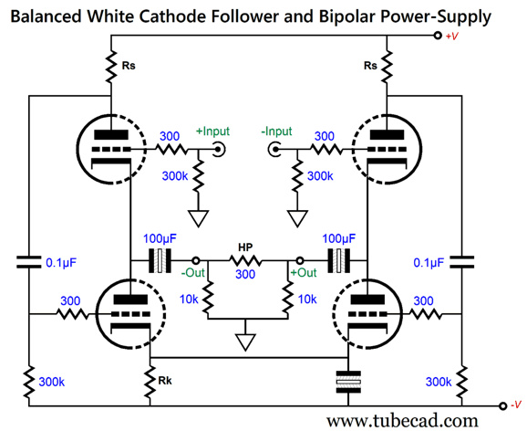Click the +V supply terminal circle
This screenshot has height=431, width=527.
pyautogui.click(x=438, y=36)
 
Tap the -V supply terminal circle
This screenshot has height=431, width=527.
pyautogui.click(x=502, y=405)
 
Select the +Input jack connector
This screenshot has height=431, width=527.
pyautogui.click(x=219, y=149)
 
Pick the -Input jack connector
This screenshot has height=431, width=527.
pyautogui.click(x=274, y=149)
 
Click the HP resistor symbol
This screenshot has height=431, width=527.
pyautogui.click(x=245, y=260)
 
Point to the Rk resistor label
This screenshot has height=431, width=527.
pyautogui.click(x=165, y=381)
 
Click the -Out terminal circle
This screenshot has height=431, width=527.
pyautogui.click(x=196, y=260)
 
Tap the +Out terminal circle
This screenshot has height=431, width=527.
pyautogui.click(x=300, y=260)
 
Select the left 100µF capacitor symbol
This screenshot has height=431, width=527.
pyautogui.click(x=160, y=260)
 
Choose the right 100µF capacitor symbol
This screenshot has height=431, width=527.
pyautogui.click(x=339, y=260)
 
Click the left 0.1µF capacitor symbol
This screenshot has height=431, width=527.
pyautogui.click(x=29, y=262)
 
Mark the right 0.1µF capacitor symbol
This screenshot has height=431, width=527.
pyautogui.click(x=461, y=262)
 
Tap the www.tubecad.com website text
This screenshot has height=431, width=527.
pyautogui.click(x=402, y=421)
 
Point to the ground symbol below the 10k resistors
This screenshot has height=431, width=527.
pyautogui.click(x=245, y=342)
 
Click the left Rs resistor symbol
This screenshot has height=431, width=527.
pyautogui.click(x=111, y=67)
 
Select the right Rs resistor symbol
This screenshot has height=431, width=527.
pyautogui.click(x=387, y=67)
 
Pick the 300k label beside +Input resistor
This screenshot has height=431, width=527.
pyautogui.click(x=175, y=175)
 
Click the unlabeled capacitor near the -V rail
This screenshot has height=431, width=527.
pyautogui.click(x=348, y=383)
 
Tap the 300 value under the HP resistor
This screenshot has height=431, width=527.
pyautogui.click(x=245, y=275)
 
